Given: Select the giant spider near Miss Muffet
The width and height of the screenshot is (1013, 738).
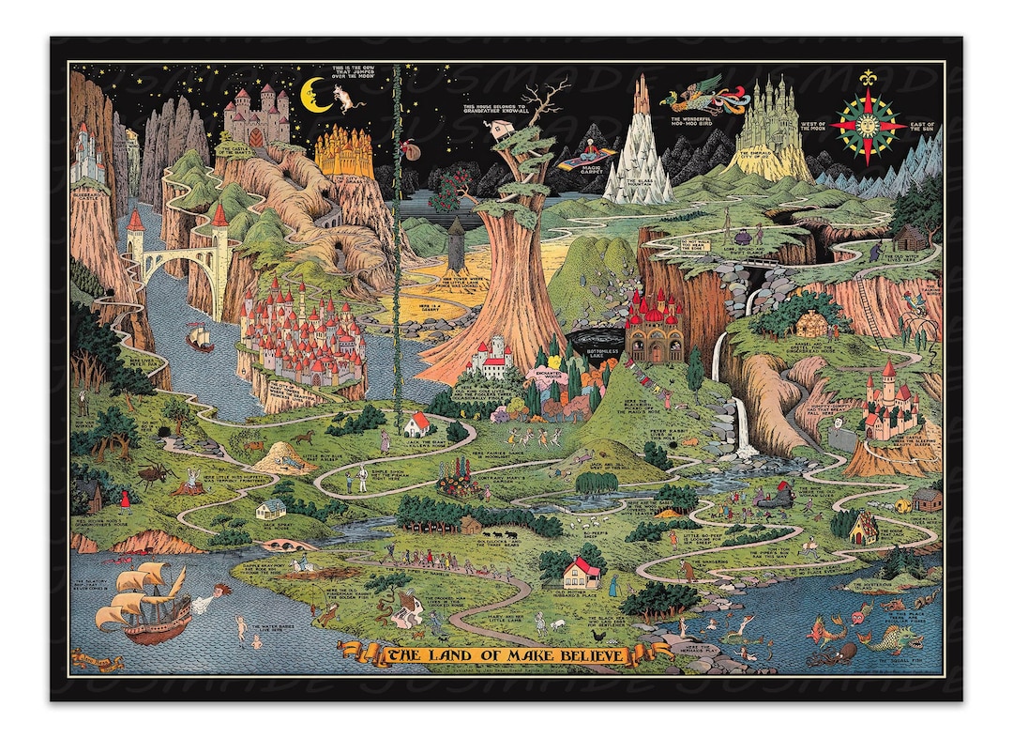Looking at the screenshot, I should [x=153, y=475].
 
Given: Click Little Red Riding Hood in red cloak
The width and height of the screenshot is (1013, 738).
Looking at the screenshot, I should [x=125, y=500].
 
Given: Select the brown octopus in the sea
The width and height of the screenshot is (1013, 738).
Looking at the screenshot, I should [x=833, y=652].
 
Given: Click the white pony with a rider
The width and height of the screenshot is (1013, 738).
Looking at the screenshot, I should [x=302, y=564].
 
